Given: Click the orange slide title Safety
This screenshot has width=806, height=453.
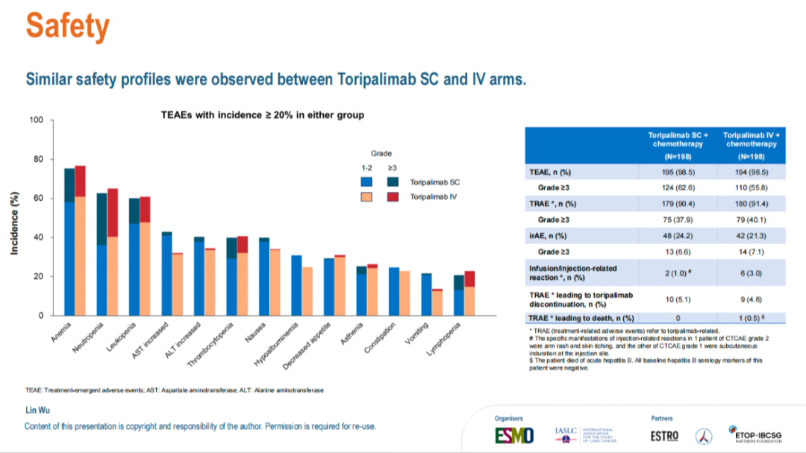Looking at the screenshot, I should [x=68, y=27].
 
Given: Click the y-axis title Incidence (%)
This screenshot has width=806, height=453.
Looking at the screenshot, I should [x=14, y=222].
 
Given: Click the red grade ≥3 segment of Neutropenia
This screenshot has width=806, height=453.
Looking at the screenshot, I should [x=113, y=213].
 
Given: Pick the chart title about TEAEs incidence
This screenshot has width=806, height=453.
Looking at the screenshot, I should [x=263, y=115].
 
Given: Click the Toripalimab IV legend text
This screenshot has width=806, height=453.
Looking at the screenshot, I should [x=434, y=196].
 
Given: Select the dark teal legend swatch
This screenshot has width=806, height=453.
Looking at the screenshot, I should [x=393, y=181].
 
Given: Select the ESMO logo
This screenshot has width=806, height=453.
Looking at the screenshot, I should [x=514, y=435].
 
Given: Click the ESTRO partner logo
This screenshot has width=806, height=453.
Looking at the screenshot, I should [x=664, y=435].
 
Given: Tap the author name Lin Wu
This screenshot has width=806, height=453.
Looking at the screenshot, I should [x=37, y=411].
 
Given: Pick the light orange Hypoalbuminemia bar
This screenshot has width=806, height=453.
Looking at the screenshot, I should [x=307, y=291].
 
